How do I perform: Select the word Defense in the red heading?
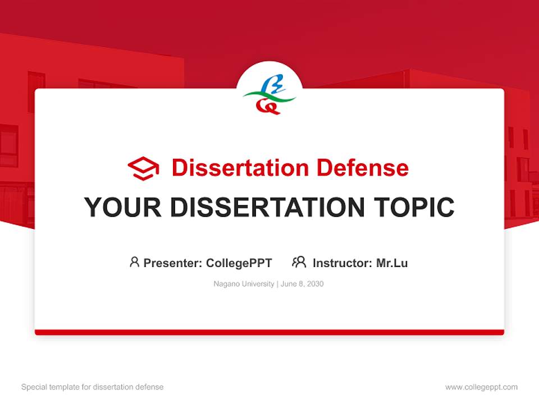[362, 168]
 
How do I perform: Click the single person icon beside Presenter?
[134, 262]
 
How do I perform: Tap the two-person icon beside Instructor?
[299, 262]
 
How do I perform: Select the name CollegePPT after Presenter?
[239, 263]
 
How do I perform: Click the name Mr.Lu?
[392, 263]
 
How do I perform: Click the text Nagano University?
[244, 284]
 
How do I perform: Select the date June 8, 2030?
[302, 284]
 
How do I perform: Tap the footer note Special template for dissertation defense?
[93, 387]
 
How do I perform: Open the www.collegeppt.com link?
[481, 387]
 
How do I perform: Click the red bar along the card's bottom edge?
[269, 332]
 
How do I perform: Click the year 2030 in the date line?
[315, 284]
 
